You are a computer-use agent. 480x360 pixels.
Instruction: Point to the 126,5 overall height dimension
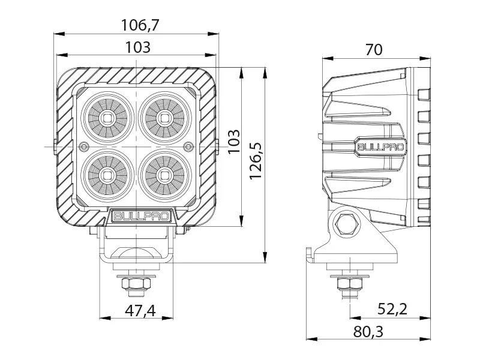256,160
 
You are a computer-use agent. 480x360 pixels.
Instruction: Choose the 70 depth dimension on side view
373,50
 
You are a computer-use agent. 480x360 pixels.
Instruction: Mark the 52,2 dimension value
392,310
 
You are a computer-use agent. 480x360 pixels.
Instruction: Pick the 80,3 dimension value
368,332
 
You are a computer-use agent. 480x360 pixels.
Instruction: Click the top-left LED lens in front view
108,117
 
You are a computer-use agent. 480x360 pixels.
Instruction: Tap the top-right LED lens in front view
163,117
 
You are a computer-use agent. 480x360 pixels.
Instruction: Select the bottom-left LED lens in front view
108,175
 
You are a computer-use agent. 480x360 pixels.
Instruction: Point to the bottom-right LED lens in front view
163,175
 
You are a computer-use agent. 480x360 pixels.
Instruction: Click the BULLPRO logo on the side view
380,146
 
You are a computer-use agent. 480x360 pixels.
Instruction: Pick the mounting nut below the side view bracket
348,283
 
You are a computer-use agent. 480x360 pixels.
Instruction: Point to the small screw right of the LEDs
188,146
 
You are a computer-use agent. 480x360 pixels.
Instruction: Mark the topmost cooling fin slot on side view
424,94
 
